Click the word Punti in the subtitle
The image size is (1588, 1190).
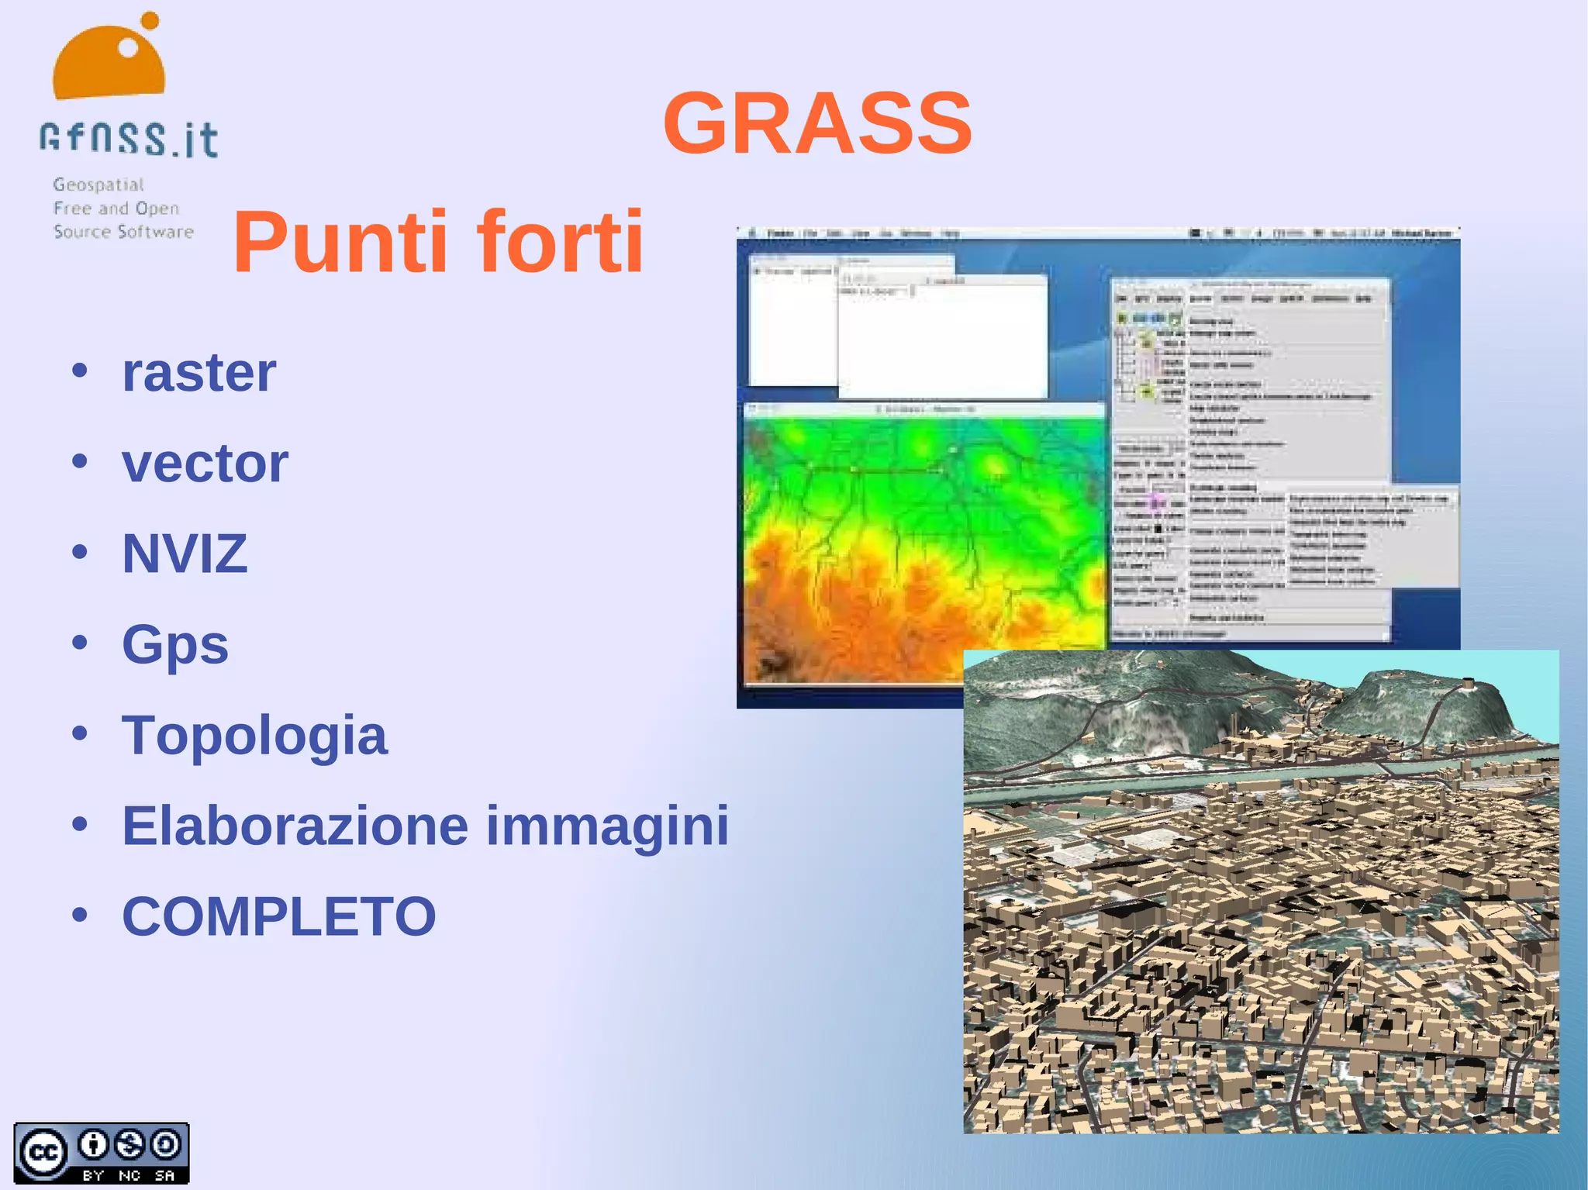(341, 242)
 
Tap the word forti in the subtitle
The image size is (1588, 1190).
(560, 242)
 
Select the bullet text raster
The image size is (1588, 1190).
(198, 373)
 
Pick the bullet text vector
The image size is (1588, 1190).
(205, 464)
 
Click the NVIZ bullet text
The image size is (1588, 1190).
(185, 554)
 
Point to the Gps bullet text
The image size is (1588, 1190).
(175, 645)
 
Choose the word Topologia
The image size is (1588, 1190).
(254, 735)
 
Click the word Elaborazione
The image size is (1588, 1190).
(295, 826)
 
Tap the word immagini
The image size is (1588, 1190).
(607, 826)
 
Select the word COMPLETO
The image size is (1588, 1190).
(279, 916)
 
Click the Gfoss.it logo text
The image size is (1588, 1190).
(129, 140)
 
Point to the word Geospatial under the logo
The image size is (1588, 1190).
(98, 185)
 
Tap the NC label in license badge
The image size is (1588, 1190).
(129, 1175)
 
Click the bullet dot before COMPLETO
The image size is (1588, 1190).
(80, 915)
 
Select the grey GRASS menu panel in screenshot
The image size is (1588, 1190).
(1248, 457)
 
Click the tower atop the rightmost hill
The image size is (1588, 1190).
(1468, 684)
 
